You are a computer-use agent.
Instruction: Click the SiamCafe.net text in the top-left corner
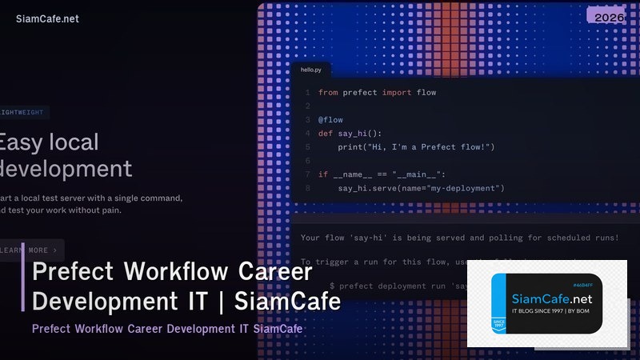click(47, 18)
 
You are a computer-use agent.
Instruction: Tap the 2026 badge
click(606, 16)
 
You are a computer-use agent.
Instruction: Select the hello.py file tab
click(310, 70)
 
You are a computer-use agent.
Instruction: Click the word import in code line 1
click(396, 93)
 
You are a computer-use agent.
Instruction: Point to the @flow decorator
click(330, 120)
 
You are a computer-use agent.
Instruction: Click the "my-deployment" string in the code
click(465, 188)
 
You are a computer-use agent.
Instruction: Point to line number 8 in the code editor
click(306, 188)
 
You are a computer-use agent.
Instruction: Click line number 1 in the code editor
click(306, 93)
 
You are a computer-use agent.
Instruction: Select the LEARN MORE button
click(30, 250)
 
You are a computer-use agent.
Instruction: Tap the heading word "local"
click(73, 142)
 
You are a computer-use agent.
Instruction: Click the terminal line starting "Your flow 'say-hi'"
click(459, 238)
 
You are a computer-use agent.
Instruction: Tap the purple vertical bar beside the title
click(23, 286)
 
